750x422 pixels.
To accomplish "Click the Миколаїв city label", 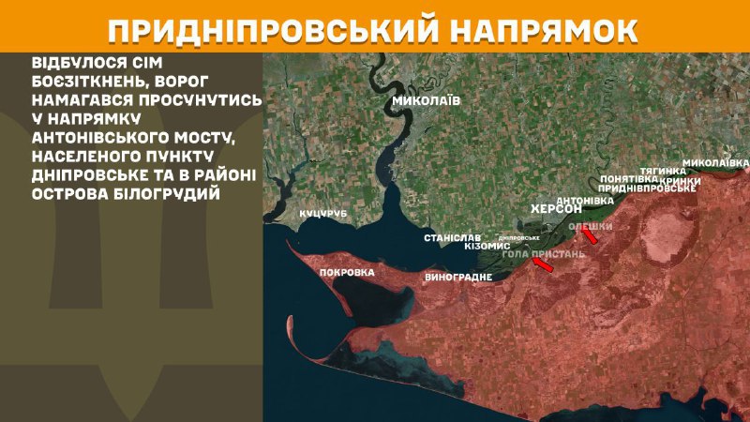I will tap(426, 99).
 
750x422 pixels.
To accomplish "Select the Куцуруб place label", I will tap(323, 214).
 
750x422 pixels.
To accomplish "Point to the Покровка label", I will tap(347, 273).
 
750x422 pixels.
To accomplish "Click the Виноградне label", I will tap(458, 279).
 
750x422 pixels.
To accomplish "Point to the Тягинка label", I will tap(665, 171).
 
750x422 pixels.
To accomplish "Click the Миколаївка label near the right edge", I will tap(715, 162).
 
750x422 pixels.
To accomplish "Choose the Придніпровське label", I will tap(647, 188).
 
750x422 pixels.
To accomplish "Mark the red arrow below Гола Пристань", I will tap(543, 267).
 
